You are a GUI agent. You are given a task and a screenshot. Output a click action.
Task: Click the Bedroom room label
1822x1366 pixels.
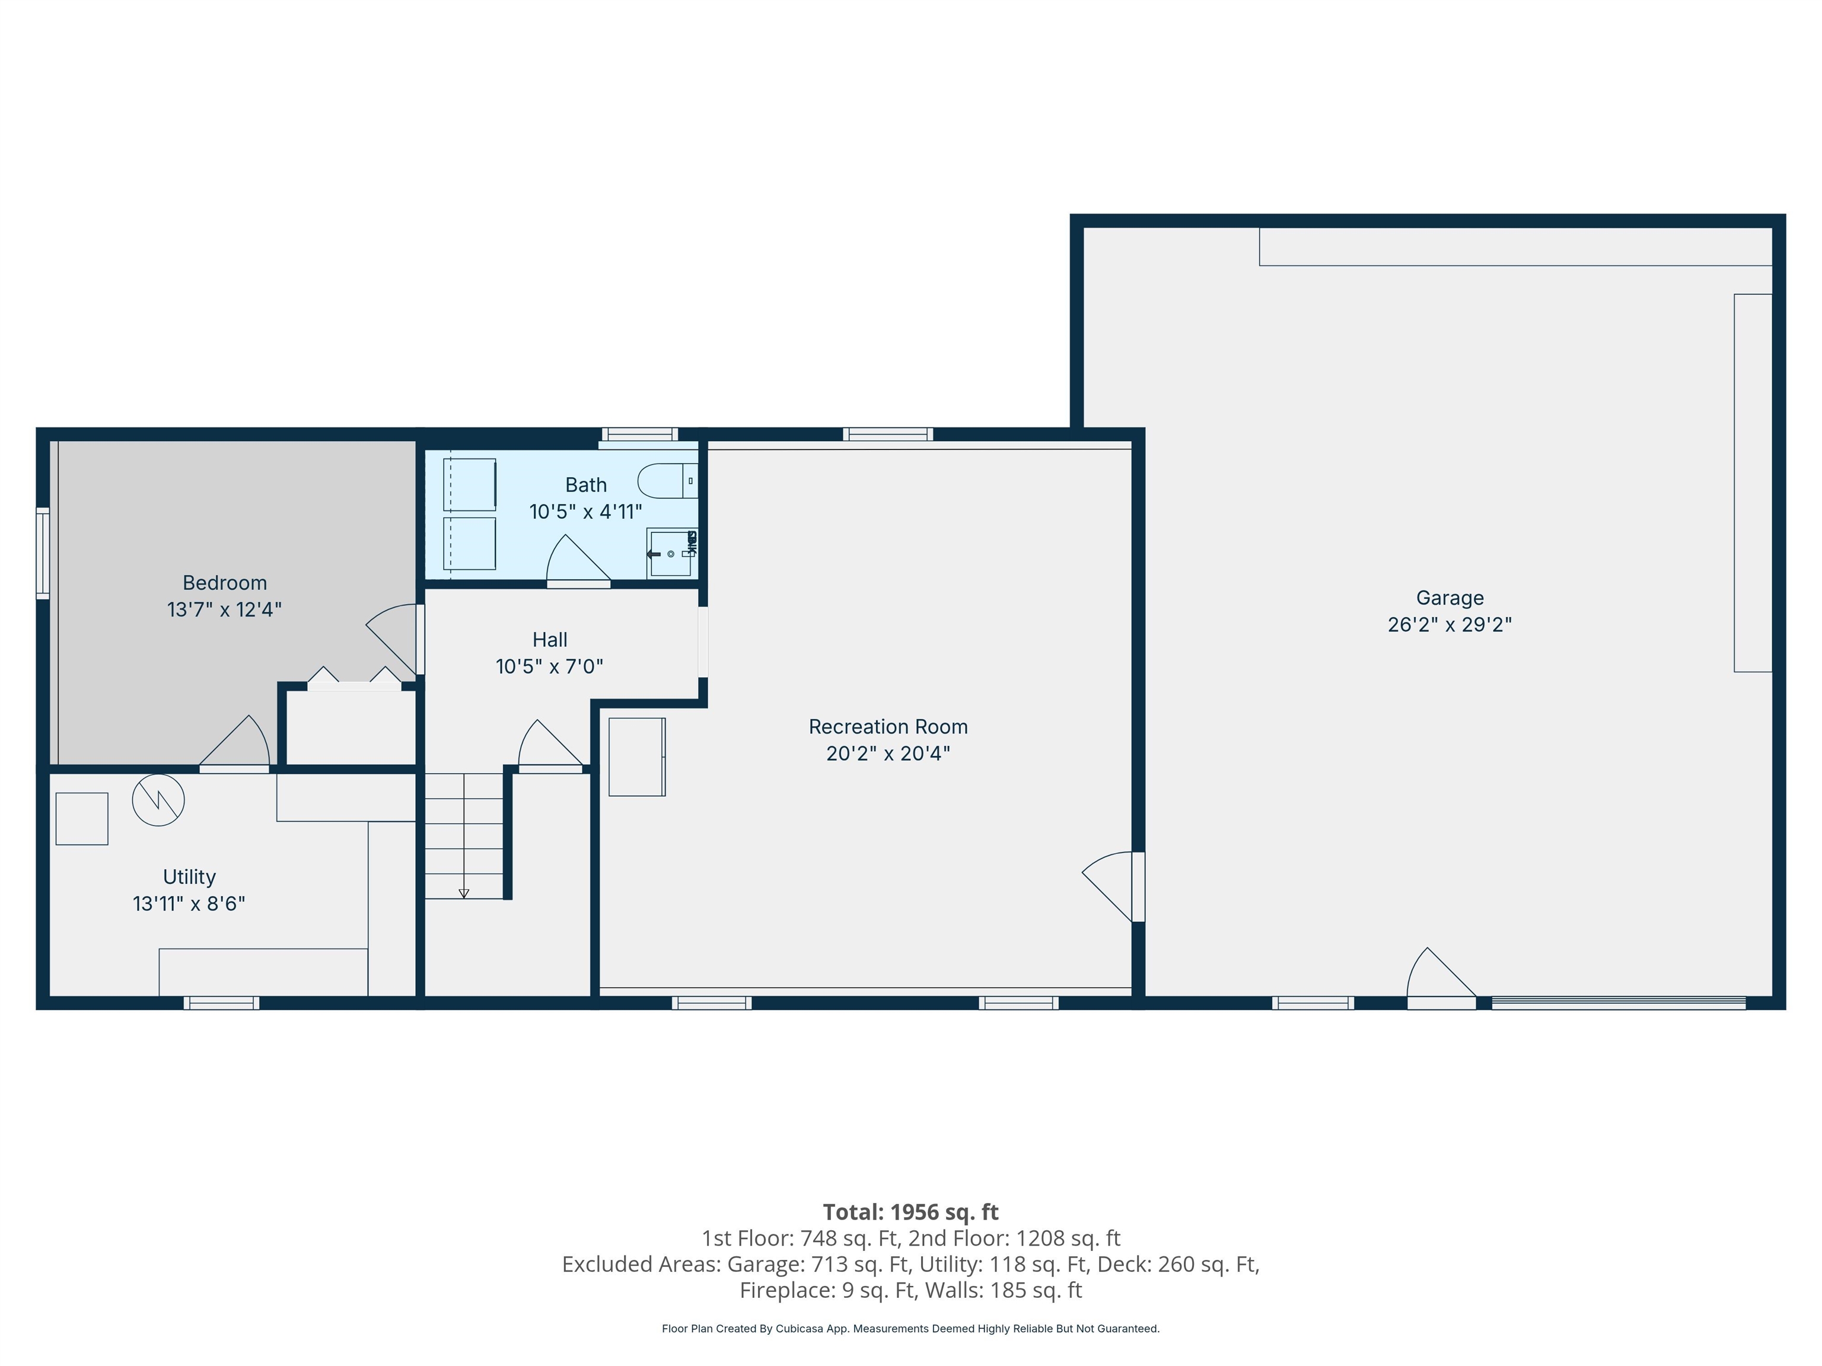224,583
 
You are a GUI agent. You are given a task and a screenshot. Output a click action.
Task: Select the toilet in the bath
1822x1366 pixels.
665,481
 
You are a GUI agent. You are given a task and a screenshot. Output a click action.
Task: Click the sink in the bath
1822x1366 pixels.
670,553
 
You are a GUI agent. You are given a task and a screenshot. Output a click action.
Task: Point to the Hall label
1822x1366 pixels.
549,640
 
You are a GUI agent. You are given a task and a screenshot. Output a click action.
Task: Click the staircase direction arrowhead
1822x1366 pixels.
464,893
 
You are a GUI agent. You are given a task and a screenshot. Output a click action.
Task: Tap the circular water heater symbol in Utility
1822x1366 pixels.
158,800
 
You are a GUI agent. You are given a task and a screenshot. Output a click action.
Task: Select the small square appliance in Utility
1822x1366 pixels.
81,818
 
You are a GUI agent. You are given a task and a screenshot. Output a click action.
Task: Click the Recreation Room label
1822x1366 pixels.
888,727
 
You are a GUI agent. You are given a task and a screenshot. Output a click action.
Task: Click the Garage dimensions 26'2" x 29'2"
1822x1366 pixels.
1449,625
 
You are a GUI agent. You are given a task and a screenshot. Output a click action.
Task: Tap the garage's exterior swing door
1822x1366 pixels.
1440,981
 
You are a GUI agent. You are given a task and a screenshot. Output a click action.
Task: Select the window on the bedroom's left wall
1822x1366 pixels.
42,553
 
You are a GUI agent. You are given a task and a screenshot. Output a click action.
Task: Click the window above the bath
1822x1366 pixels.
639,435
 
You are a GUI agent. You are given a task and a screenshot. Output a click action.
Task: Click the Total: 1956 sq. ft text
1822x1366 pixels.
910,1212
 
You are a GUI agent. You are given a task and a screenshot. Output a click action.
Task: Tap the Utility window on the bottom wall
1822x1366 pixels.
221,1003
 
